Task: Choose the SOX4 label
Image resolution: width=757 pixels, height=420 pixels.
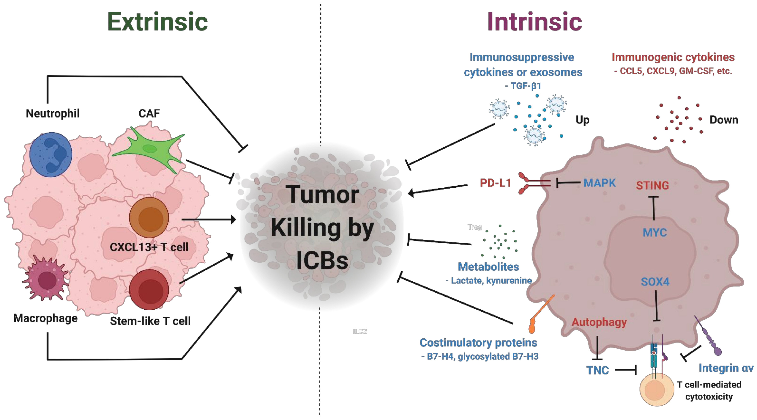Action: click(x=655, y=282)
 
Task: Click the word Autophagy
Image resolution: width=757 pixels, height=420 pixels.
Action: click(x=599, y=322)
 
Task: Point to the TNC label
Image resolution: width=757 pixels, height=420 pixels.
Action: click(x=597, y=370)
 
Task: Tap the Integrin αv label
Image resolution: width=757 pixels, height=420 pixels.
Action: click(x=726, y=368)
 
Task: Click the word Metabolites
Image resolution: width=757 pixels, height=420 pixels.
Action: click(x=488, y=267)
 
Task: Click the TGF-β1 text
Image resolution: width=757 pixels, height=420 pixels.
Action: click(x=523, y=86)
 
